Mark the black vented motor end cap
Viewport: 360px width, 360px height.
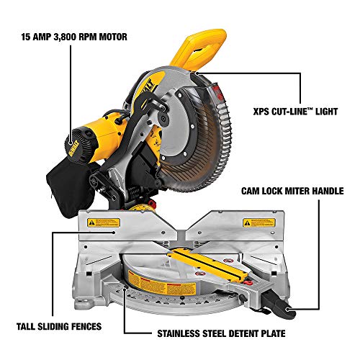pyautogui.click(x=76, y=137)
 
